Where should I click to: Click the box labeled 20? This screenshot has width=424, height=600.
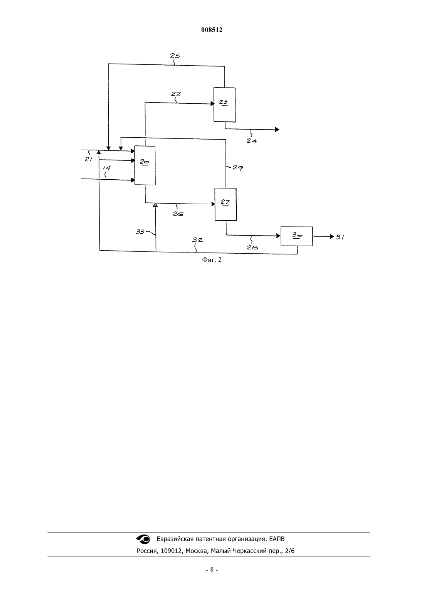point(145,165)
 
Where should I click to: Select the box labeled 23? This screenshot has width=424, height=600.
point(224,105)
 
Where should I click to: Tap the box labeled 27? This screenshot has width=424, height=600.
point(225,204)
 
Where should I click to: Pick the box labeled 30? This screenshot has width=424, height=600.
point(296,236)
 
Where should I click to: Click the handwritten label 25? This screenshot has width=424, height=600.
point(175,56)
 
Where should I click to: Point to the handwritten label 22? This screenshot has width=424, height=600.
point(176,94)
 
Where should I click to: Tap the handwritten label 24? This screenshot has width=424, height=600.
point(252,141)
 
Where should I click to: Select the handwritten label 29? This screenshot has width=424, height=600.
point(238,168)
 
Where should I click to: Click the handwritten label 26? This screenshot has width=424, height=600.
point(178,214)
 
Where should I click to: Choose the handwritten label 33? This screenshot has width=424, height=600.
point(140,231)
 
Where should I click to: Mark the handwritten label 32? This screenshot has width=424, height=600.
point(197,240)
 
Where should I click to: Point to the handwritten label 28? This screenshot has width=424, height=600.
point(252,248)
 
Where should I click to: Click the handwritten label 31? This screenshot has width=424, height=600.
point(340,237)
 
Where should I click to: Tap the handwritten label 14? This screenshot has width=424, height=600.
point(106,168)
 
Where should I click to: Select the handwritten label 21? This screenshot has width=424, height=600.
point(89,159)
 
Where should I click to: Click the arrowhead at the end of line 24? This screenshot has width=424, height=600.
point(277,130)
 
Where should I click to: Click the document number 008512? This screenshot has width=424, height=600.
point(212,30)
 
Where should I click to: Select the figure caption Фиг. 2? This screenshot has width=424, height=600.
point(212,260)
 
